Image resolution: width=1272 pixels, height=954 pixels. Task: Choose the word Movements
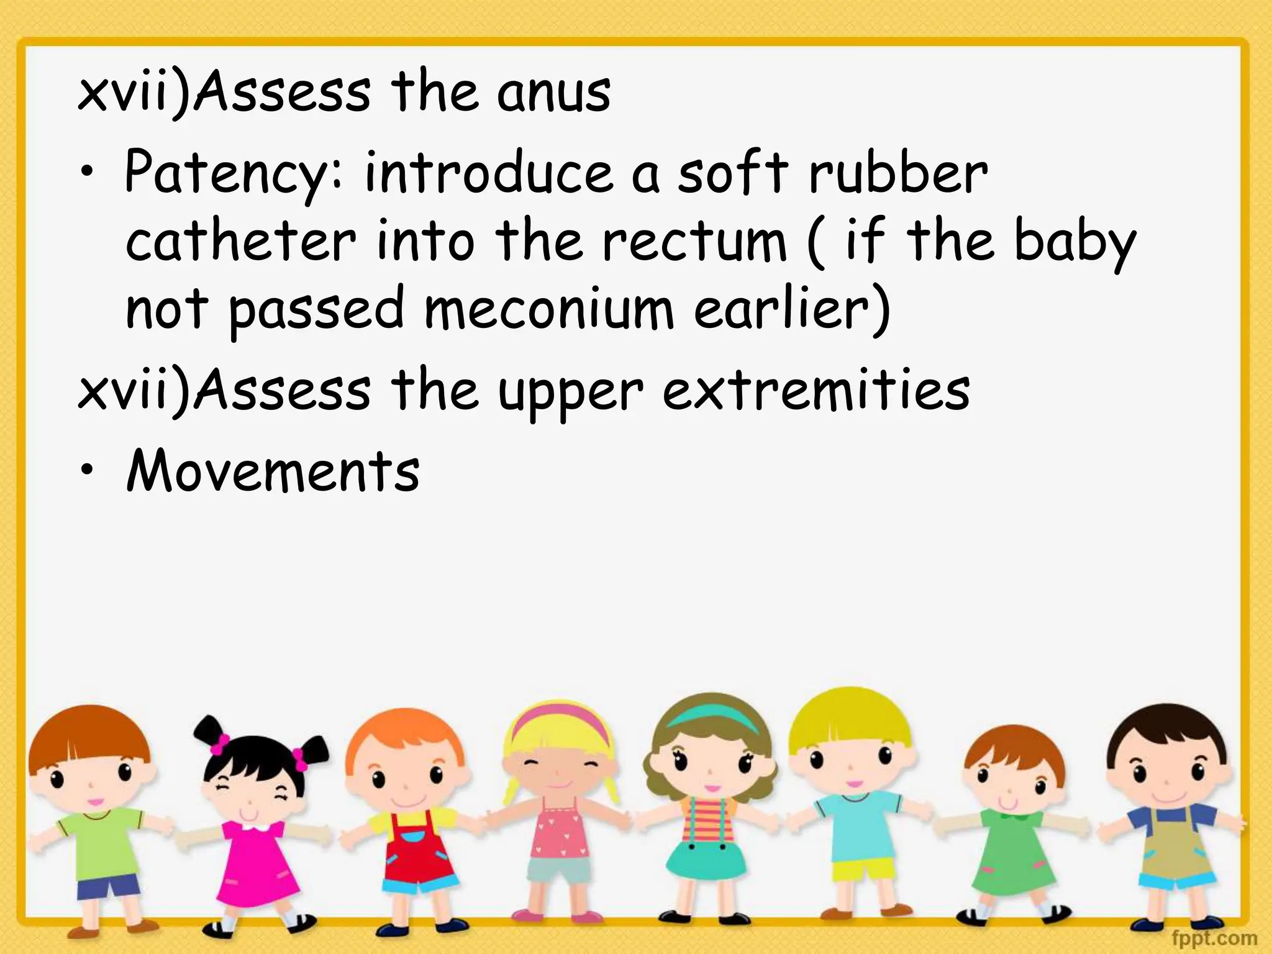click(x=273, y=470)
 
